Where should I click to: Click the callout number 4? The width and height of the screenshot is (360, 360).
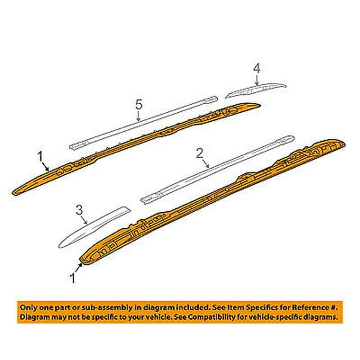(x=256, y=70)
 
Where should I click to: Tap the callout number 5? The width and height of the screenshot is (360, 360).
(x=138, y=105)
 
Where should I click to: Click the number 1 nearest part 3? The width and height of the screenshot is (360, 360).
(x=74, y=275)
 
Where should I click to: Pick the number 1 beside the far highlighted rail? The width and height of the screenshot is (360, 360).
(x=39, y=157)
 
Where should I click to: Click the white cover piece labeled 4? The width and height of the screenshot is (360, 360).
(x=258, y=88)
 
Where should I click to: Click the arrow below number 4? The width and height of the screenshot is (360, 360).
(x=256, y=80)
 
